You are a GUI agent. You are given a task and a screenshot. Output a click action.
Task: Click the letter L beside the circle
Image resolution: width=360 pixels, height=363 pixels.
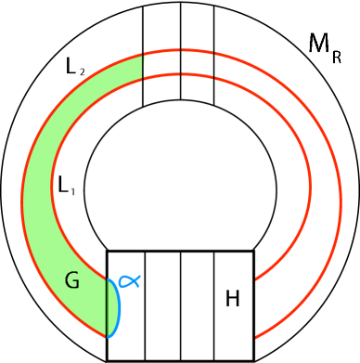click(x=63, y=185)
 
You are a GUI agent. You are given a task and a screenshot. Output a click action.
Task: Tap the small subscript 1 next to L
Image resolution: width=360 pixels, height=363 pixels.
click(x=73, y=191)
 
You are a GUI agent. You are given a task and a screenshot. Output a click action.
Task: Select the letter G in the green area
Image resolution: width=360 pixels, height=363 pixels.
click(x=71, y=280)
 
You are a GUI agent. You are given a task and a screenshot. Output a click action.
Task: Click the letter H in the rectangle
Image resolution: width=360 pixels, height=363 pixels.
click(x=232, y=298)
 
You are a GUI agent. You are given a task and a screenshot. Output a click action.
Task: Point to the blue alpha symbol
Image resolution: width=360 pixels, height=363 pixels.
click(x=129, y=280)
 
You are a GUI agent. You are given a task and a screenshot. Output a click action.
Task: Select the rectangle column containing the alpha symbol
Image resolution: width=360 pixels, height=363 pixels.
click(x=126, y=320)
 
